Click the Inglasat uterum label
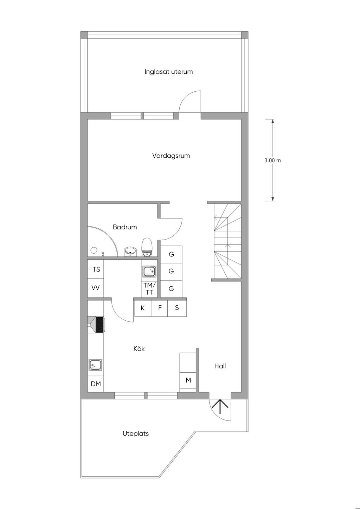pyautogui.click(x=168, y=72)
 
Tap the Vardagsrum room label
pyautogui.click(x=171, y=156)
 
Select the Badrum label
pyautogui.click(x=125, y=227)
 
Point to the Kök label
pyautogui.click(x=139, y=348)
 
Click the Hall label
pyautogui.click(x=220, y=366)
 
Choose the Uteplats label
pyautogui.click(x=136, y=433)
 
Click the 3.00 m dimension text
pyautogui.click(x=272, y=161)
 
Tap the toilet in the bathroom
pyautogui.click(x=147, y=247)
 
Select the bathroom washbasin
pyautogui.click(x=130, y=252)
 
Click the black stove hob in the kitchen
pyautogui.click(x=99, y=325)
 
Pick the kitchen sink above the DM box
pyautogui.click(x=95, y=365)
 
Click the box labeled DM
pyautogui.click(x=96, y=384)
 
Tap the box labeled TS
pyautogui.click(x=96, y=269)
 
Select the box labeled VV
pyautogui.click(x=96, y=288)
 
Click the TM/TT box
pyautogui.click(x=149, y=289)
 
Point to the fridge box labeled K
pyautogui.click(x=143, y=308)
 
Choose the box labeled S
pyautogui.click(x=177, y=308)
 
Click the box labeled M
pyautogui.click(x=188, y=380)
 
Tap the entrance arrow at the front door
pyautogui.click(x=220, y=406)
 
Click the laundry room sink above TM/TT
pyautogui.click(x=149, y=272)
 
